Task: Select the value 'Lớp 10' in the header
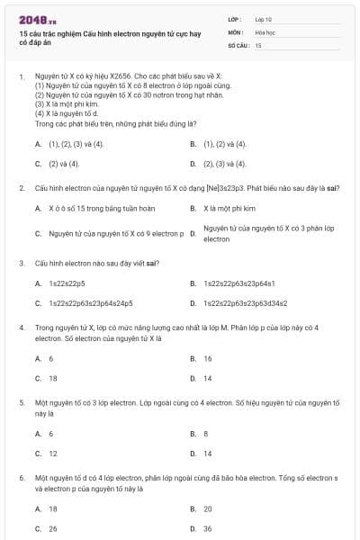[264, 18]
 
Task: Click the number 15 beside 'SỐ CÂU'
[258, 44]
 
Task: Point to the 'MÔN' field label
[236, 31]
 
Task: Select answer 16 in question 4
[208, 358]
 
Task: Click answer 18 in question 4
[53, 378]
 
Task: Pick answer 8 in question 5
[206, 433]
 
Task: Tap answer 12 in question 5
[53, 454]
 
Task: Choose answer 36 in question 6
[208, 528]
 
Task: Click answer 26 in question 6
[53, 528]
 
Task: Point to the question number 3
[21, 263]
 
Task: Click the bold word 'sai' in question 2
[331, 188]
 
